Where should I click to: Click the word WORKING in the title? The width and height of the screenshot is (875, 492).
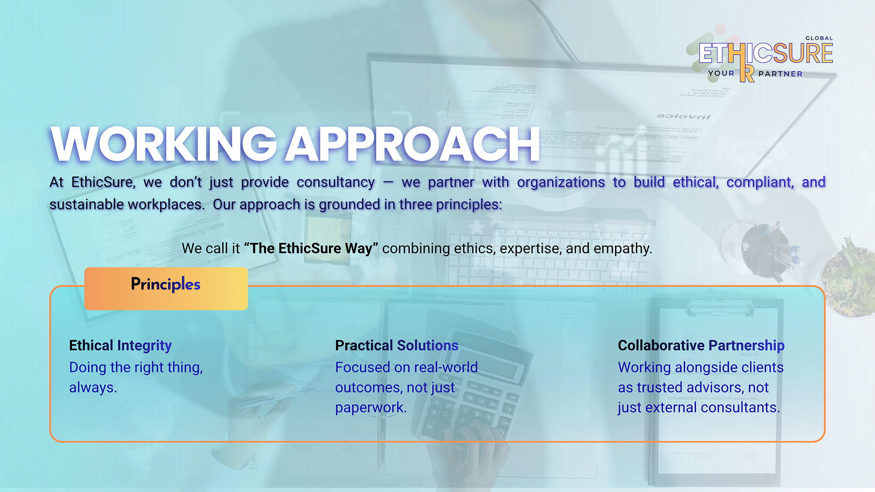(164, 144)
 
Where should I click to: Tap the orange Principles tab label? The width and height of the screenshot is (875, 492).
(166, 285)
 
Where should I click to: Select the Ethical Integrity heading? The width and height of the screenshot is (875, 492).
(120, 345)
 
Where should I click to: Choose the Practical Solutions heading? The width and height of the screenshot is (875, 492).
(397, 345)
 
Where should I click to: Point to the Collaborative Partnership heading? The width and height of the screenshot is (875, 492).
(701, 345)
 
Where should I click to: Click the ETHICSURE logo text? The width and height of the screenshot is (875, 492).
(766, 53)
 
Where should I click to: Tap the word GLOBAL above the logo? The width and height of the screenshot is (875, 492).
(819, 38)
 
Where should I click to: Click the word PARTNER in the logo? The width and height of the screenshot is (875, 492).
(780, 74)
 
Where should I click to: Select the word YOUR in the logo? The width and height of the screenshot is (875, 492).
(721, 73)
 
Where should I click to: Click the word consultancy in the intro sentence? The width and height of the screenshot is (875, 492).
(336, 182)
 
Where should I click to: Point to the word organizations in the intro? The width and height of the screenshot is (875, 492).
(561, 182)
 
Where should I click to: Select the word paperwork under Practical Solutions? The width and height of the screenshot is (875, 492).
(371, 408)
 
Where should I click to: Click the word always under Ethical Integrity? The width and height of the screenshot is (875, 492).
(93, 387)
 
